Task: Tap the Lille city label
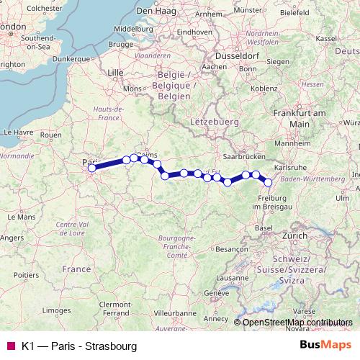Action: (x=115, y=73)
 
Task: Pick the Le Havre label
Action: (x=19, y=132)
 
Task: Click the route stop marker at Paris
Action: (x=91, y=168)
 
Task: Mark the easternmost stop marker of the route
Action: (x=269, y=182)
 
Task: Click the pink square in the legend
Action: (x=10, y=346)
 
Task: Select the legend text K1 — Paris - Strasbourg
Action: (x=78, y=346)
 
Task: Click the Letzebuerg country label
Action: (x=215, y=122)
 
